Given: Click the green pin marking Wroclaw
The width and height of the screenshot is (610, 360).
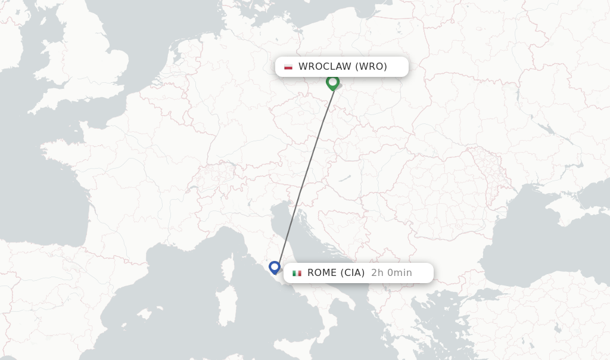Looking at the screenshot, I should (332, 82).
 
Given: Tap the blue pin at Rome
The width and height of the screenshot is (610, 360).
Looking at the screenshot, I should (275, 267).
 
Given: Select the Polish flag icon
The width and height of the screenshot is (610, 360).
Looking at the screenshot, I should (288, 67).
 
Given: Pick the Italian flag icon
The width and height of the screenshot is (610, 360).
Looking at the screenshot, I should (297, 273).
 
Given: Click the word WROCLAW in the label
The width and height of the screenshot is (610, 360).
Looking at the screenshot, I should (325, 67).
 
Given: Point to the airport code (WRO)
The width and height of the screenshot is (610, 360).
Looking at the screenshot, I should (371, 67).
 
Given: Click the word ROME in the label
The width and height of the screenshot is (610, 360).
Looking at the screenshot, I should (322, 273).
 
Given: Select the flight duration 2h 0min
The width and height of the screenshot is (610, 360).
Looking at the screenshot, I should (391, 273).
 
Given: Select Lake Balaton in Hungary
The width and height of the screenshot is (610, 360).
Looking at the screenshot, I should (344, 178).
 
